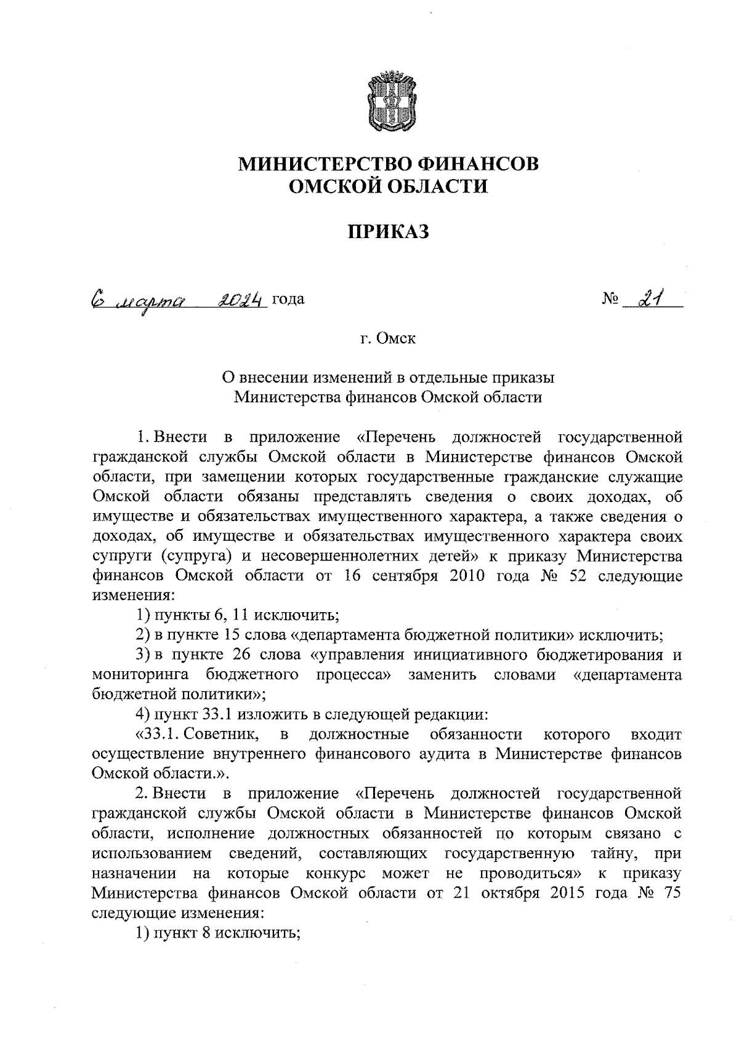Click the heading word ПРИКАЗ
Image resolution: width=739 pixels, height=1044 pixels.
click(388, 232)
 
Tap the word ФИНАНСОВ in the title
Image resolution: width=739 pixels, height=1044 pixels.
click(478, 164)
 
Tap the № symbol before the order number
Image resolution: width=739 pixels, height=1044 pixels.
click(610, 300)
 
